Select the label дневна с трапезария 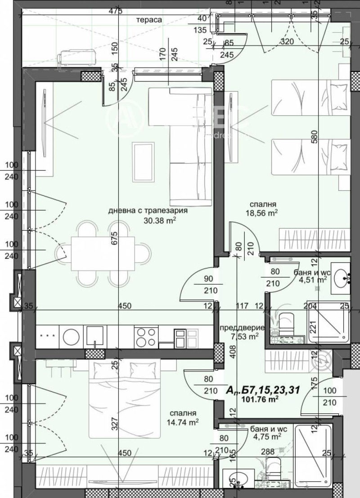click(148, 210)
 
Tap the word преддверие click(242, 328)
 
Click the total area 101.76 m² click(260, 398)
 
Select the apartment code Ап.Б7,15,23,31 click(263, 389)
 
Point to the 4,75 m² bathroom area click(267, 436)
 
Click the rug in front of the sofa click(144, 162)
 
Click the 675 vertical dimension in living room click(114, 237)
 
